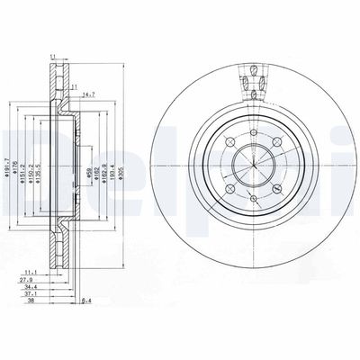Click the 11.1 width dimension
pyautogui.click(x=30, y=271)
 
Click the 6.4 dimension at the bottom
pyautogui.click(x=87, y=301)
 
